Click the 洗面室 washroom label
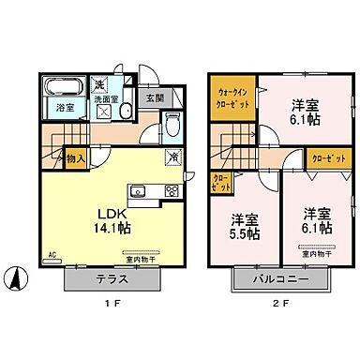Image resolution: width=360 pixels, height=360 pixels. click(x=110, y=98)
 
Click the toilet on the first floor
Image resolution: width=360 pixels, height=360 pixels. click(x=173, y=126)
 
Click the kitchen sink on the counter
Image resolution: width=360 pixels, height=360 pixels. click(x=139, y=191)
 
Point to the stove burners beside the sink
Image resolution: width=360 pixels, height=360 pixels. click(x=172, y=190)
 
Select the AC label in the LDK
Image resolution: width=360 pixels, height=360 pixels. click(x=51, y=253)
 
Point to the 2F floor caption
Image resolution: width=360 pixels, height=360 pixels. click(x=278, y=307)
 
